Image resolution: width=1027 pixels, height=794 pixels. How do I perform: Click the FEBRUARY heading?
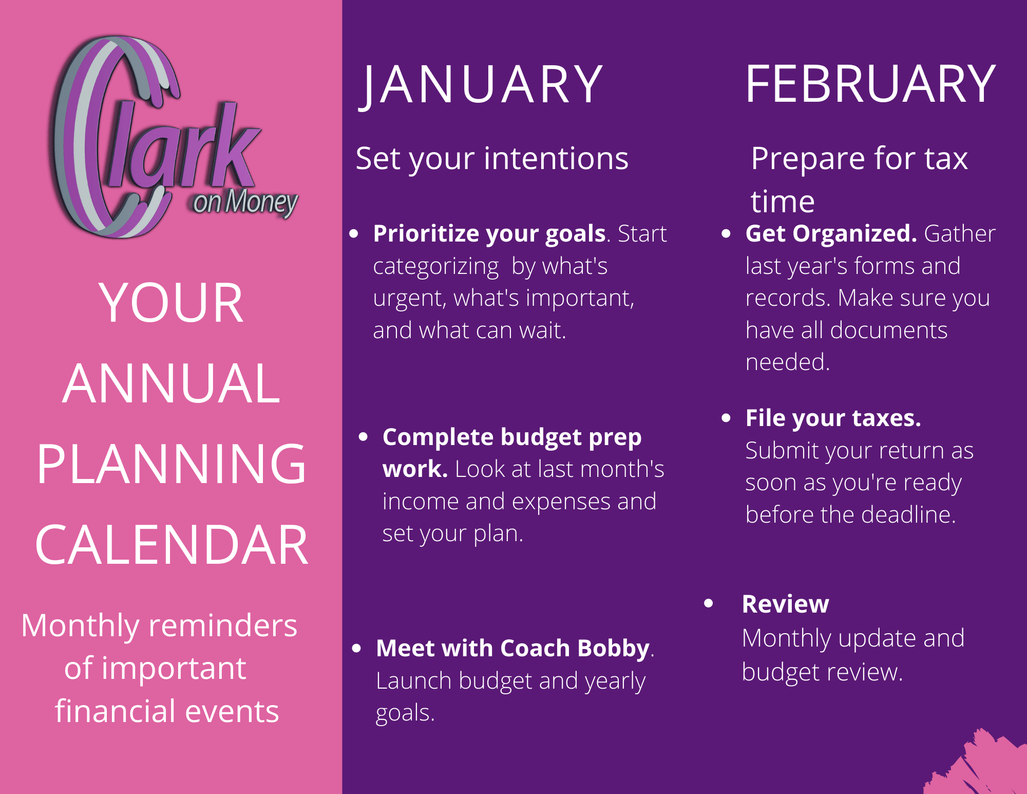870,84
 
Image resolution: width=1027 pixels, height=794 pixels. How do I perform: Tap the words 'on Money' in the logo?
245,202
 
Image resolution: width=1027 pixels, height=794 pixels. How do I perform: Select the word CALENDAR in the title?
172,545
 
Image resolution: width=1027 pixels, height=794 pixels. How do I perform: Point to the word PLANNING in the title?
172,465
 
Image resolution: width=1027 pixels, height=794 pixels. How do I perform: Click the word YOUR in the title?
172,303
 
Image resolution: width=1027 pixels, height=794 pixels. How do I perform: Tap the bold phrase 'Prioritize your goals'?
489,234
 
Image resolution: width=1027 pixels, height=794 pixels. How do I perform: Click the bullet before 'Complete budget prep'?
364,437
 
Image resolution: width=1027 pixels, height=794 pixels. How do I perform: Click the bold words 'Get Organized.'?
830,234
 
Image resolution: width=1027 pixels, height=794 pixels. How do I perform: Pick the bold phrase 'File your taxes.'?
833,418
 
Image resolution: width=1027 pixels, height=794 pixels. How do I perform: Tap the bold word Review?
785,604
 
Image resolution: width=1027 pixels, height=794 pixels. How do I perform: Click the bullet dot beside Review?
709,603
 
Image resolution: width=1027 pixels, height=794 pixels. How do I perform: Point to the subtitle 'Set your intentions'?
492,159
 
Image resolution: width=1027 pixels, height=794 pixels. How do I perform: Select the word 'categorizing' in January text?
435,267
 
